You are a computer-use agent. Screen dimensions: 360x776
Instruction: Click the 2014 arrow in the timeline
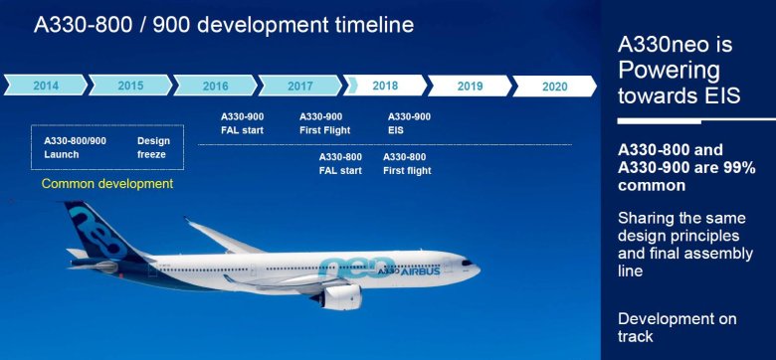click(x=45, y=86)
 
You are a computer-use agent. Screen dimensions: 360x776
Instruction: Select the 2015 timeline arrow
click(x=130, y=86)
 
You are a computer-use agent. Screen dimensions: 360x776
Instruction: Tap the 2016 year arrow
click(x=215, y=86)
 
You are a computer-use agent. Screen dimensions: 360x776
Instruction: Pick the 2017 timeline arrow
click(x=299, y=86)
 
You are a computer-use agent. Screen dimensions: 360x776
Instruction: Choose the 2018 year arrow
click(x=385, y=86)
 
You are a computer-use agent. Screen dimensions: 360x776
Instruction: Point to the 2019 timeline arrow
click(x=471, y=86)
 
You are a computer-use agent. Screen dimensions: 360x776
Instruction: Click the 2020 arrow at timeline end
click(x=554, y=86)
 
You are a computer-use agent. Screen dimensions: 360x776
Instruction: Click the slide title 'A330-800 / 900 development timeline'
click(x=223, y=25)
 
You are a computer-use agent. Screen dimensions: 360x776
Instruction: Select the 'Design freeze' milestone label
click(x=153, y=147)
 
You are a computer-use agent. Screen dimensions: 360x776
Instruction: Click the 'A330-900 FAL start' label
click(x=243, y=123)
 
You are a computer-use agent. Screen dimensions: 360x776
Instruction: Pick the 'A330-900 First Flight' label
click(x=321, y=123)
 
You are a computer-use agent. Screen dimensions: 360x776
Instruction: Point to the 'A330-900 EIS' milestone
click(x=409, y=123)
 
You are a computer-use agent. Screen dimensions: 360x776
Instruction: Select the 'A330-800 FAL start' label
click(x=340, y=163)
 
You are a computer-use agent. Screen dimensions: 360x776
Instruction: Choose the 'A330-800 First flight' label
click(x=407, y=163)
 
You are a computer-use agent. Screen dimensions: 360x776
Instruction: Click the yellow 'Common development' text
click(x=107, y=184)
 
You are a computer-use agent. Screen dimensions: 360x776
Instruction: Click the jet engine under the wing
click(x=342, y=295)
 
